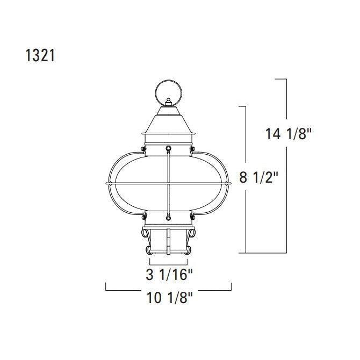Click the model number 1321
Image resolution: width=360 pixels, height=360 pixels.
tap(40, 55)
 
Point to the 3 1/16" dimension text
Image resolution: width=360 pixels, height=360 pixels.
tap(169, 274)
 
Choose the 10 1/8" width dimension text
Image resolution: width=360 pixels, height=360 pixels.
tap(169, 298)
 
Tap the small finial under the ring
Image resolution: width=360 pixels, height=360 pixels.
tap(169, 102)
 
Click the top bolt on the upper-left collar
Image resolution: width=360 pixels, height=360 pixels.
tap(143, 149)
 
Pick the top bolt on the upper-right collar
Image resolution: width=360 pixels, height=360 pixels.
tap(193, 149)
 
